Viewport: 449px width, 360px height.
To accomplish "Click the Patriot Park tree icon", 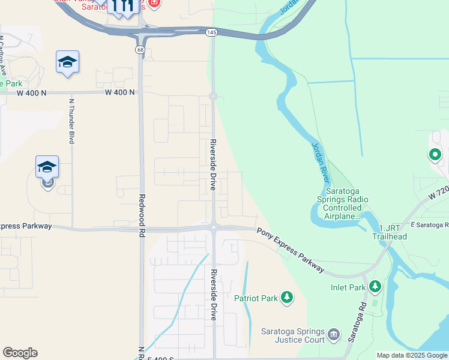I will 287,297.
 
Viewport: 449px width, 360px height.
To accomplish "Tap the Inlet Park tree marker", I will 375,287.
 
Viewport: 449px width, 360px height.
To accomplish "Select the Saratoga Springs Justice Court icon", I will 334,334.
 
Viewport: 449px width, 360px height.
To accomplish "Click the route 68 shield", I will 140,49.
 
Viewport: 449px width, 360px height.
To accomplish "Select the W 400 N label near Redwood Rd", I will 119,92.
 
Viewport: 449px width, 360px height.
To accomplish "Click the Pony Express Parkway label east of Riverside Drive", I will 290,251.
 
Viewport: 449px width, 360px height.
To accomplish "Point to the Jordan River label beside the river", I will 321,163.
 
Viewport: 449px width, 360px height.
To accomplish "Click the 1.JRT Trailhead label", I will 393,232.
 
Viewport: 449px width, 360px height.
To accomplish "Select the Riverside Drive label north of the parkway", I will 212,165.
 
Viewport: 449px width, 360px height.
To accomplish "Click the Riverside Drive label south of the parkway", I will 212,293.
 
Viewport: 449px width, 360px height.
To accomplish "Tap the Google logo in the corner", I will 20,353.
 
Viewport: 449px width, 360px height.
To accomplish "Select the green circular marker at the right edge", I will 435,155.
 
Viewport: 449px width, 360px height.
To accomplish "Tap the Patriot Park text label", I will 256,298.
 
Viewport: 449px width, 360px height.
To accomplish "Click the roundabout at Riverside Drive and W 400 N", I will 212,96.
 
